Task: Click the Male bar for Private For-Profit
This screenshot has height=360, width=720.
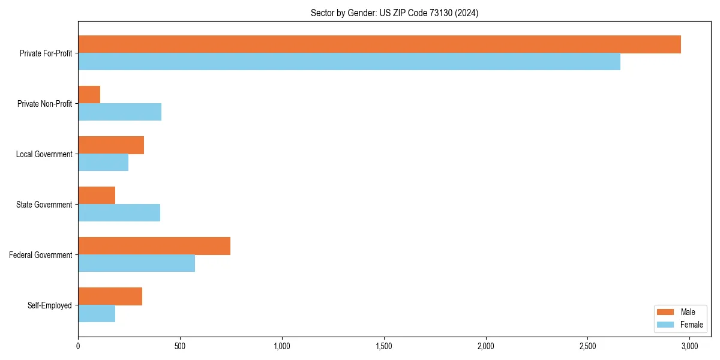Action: click(x=379, y=44)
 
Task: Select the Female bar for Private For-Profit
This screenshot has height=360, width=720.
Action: click(x=349, y=62)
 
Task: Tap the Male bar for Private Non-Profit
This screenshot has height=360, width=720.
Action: click(x=89, y=95)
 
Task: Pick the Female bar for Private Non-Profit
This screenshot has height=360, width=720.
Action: click(x=120, y=112)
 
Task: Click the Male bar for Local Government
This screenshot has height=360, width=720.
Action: click(x=111, y=145)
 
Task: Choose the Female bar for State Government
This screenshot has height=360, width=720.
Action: click(x=119, y=213)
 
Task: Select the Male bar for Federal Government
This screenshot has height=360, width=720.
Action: click(x=154, y=246)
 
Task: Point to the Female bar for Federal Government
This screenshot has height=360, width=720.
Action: click(x=137, y=263)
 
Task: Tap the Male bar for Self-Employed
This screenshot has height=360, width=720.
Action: click(x=110, y=296)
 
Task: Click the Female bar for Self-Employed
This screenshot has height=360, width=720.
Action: click(x=97, y=314)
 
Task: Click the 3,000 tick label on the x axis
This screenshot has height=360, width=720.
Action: click(x=689, y=346)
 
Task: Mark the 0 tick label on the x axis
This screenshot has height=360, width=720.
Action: click(x=78, y=346)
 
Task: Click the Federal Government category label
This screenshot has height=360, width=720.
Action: click(x=41, y=255)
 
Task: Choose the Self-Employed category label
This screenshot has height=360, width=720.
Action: click(x=50, y=305)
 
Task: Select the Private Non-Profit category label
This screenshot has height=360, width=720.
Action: click(x=45, y=104)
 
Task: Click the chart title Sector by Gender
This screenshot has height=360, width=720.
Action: click(x=394, y=13)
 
